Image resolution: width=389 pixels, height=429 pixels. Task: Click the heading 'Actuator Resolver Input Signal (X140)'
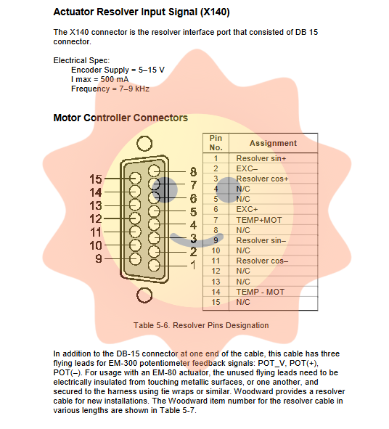point(142,12)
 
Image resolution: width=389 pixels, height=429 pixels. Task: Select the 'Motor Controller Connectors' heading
point(120,118)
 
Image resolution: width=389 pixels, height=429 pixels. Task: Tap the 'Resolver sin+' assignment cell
point(261,158)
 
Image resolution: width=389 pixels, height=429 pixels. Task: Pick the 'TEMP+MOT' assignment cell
point(259,220)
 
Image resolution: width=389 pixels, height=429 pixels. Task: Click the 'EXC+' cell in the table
point(247,209)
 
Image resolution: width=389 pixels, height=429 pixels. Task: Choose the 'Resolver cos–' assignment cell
point(262,261)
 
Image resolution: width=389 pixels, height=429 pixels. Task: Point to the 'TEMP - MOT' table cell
point(260,292)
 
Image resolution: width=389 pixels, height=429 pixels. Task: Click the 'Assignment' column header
point(273,143)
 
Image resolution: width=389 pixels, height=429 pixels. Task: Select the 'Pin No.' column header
point(216,143)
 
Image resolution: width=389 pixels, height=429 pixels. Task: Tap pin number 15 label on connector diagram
point(96,179)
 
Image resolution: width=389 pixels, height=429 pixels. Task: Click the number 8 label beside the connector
point(193,172)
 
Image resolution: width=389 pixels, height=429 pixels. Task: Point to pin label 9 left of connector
point(99,258)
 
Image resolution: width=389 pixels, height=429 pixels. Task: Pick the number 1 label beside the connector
point(193,265)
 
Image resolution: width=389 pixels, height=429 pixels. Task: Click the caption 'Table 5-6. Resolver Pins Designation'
point(201,325)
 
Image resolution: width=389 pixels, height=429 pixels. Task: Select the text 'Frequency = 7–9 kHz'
point(110,89)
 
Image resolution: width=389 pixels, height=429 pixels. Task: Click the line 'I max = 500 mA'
point(100,79)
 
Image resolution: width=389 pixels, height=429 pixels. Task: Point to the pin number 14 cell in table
point(216,292)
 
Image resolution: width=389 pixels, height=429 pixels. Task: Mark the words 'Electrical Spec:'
point(81,60)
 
